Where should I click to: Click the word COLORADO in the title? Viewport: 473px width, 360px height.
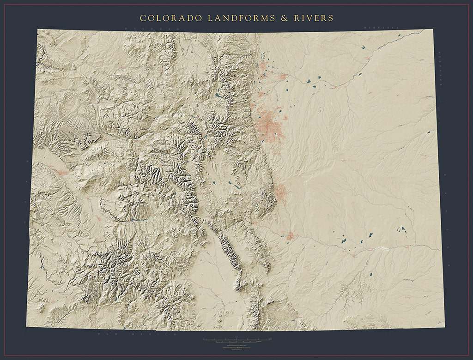pos(171,18)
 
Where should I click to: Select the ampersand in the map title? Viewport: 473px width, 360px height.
pos(284,18)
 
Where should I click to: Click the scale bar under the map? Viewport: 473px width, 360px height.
pos(236,341)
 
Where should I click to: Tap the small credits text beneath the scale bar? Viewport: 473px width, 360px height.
pos(236,347)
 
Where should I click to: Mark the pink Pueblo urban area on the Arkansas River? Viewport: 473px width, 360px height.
pos(290,236)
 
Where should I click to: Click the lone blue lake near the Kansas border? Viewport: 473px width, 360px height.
pos(428,133)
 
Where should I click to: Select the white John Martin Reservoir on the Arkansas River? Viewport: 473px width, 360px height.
pos(382,248)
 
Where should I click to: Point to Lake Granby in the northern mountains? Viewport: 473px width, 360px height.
pos(217,96)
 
